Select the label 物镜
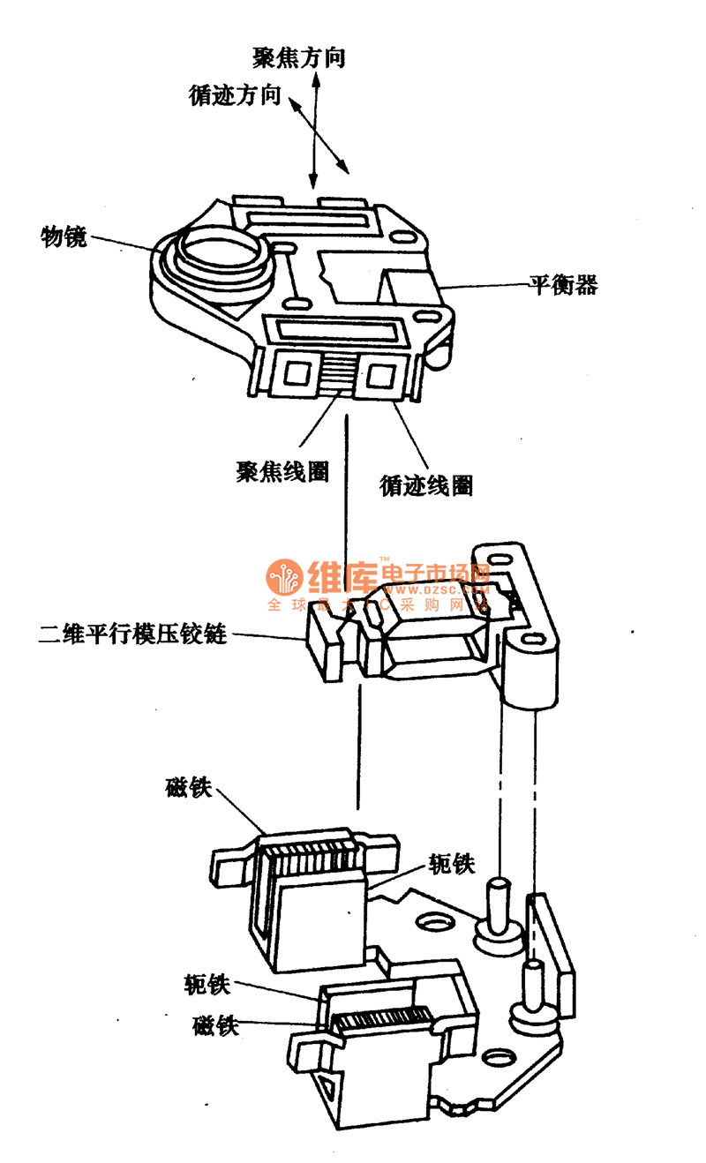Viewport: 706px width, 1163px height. click(x=64, y=236)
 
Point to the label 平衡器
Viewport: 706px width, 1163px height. click(x=563, y=284)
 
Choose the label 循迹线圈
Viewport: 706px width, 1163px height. click(x=425, y=484)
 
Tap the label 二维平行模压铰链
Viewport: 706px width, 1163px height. click(x=132, y=634)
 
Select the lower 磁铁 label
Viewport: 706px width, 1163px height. click(x=216, y=1026)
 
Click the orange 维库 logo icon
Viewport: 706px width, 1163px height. click(x=284, y=579)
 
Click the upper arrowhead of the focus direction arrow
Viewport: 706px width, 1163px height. click(x=314, y=79)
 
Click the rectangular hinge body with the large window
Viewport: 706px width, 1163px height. click(x=437, y=637)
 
